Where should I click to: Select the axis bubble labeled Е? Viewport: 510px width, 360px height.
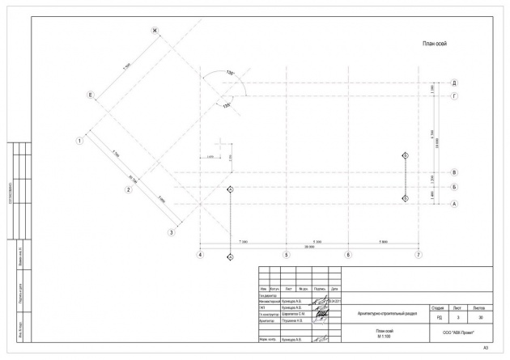tap(91, 95)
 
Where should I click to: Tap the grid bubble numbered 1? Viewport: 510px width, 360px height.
tap(80, 140)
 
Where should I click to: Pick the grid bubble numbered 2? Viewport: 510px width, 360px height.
tap(128, 190)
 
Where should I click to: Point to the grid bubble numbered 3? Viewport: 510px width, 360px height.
tap(172, 233)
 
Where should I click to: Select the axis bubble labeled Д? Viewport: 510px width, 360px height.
tap(455, 83)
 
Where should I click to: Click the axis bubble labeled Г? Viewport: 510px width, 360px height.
tap(455, 95)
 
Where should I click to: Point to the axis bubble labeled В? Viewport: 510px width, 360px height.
tap(455, 172)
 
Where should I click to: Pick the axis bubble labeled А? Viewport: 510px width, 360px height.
tap(455, 204)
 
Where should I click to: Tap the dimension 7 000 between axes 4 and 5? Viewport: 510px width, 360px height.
tap(242, 241)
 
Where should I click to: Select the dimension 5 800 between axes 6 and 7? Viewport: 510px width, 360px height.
tap(383, 241)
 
